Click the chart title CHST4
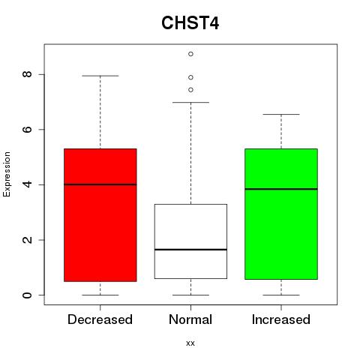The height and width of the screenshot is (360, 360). (190, 23)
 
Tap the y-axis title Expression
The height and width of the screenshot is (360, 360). (7, 174)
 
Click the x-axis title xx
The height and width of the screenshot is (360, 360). (190, 343)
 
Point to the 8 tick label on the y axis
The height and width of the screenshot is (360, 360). (27, 74)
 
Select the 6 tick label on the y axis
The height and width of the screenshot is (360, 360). (27, 129)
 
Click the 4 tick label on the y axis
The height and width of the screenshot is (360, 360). (27, 184)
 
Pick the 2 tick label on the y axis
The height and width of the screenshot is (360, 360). (27, 240)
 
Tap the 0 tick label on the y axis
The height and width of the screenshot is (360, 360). (27, 295)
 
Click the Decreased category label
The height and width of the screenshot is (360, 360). (100, 319)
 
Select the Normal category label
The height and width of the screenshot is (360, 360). (190, 319)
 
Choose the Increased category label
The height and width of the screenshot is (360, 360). (281, 319)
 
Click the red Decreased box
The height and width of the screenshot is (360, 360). (100, 215)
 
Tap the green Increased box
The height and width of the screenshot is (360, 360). (281, 214)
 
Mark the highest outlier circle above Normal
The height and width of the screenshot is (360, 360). (190, 54)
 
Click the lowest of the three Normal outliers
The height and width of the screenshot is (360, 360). (190, 90)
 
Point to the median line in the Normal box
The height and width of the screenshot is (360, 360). (190, 250)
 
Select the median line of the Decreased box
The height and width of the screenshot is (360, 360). (100, 184)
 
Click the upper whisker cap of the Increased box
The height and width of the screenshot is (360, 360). (281, 114)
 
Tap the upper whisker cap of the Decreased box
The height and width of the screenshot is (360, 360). (100, 76)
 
